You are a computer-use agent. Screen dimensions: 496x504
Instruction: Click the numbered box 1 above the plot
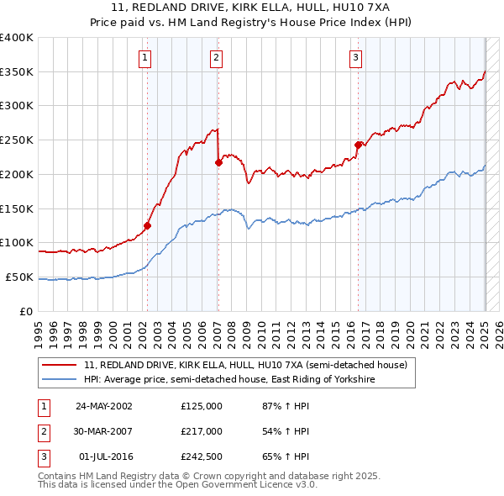[145, 58]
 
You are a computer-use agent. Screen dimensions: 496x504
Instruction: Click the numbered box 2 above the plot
[216, 58]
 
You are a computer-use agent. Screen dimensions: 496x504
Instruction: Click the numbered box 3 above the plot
[356, 58]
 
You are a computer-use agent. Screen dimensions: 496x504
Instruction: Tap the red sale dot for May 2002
[147, 225]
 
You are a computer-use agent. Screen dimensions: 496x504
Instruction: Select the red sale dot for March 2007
[218, 163]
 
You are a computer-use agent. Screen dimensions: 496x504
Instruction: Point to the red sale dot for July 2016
[358, 145]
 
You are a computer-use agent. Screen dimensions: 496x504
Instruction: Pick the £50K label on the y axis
[19, 277]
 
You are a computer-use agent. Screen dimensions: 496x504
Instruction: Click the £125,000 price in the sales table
[202, 406]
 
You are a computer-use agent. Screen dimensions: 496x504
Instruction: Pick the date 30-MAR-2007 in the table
[104, 431]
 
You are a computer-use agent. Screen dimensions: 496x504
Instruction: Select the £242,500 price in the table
[202, 457]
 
